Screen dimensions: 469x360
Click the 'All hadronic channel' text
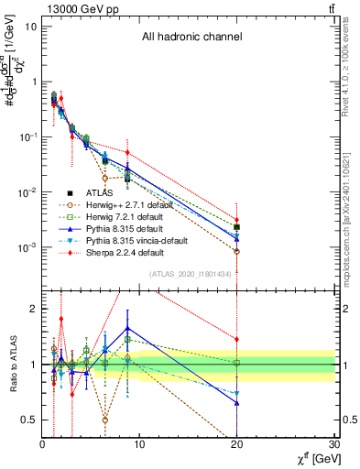[191, 38]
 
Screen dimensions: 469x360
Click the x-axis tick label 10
[140, 445]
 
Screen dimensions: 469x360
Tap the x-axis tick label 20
[237, 445]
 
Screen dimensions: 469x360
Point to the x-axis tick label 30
[334, 445]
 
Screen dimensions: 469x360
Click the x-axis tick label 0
[43, 445]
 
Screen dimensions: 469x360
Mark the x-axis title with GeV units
[309, 459]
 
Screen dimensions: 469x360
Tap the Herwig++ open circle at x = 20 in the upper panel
[237, 251]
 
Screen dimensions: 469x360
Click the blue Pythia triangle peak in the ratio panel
[127, 327]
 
